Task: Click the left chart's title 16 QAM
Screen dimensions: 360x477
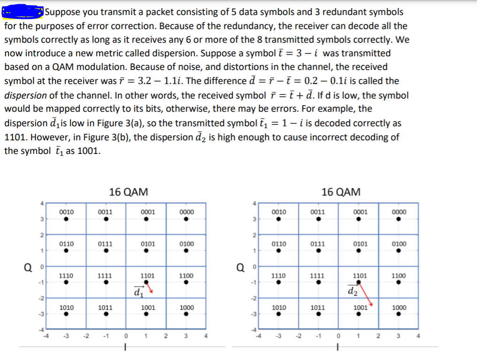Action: coord(128,191)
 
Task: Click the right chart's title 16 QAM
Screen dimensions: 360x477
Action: coord(341,191)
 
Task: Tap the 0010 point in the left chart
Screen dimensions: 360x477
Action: coord(67,219)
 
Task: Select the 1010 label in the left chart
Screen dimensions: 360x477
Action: coord(67,307)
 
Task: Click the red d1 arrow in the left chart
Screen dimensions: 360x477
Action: coord(151,287)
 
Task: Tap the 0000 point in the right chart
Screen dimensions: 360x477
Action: coord(398,219)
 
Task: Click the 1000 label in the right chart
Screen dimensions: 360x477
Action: coord(398,307)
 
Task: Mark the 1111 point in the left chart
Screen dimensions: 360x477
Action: coord(107,283)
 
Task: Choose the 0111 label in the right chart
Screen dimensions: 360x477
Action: coord(318,244)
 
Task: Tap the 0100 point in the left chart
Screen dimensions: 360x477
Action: coord(186,250)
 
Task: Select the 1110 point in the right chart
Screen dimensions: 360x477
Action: coord(278,283)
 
